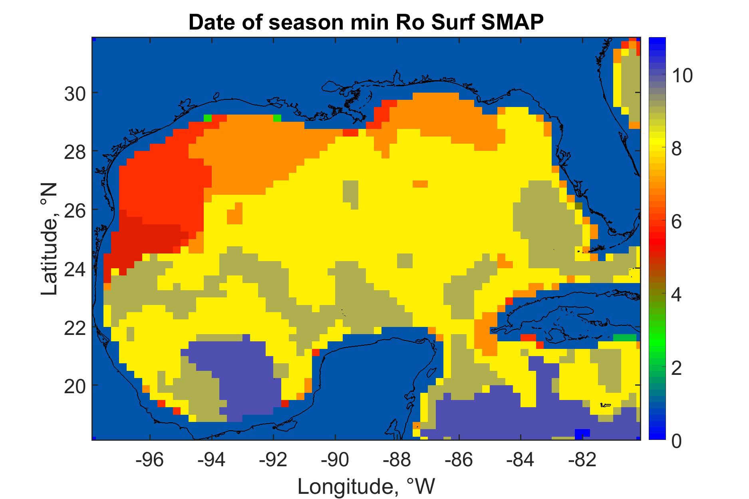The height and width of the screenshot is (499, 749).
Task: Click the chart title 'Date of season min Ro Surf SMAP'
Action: pos(366,23)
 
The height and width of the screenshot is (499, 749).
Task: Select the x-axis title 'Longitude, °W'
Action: pos(366,486)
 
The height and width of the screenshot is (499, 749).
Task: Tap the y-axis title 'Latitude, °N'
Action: pos(50,239)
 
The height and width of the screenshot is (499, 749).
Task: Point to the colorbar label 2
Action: pos(677,368)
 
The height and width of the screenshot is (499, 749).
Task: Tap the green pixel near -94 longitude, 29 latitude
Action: pos(208,118)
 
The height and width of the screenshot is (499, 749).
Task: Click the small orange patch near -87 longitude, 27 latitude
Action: pos(420,184)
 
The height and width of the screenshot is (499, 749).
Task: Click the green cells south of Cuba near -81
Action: pos(625,337)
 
